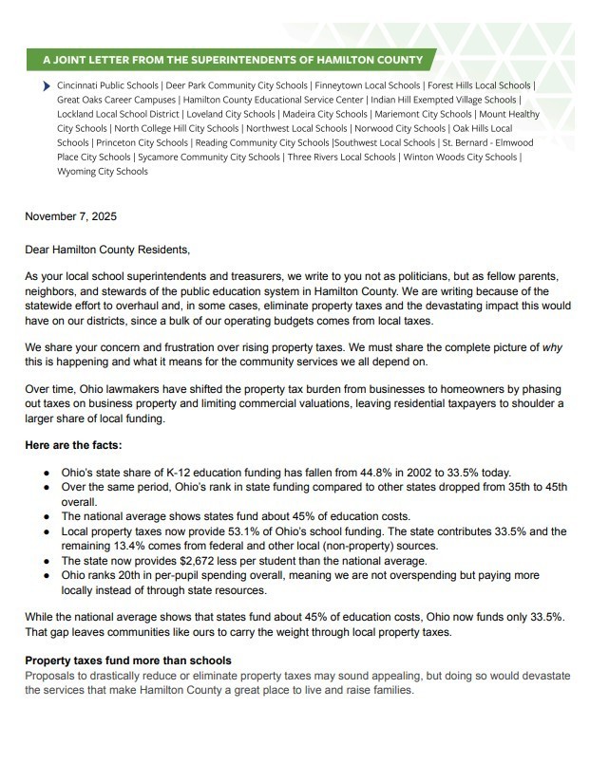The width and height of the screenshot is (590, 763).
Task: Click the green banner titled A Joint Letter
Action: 233,60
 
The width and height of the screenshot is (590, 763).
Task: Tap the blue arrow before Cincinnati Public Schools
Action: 48,85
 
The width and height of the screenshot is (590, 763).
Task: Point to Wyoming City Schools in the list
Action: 102,172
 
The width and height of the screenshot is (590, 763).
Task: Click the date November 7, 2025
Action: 70,216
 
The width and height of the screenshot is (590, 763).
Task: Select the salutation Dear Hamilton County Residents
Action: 107,251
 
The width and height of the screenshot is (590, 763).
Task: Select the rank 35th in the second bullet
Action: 479,487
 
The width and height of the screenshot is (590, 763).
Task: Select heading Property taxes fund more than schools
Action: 128,661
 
